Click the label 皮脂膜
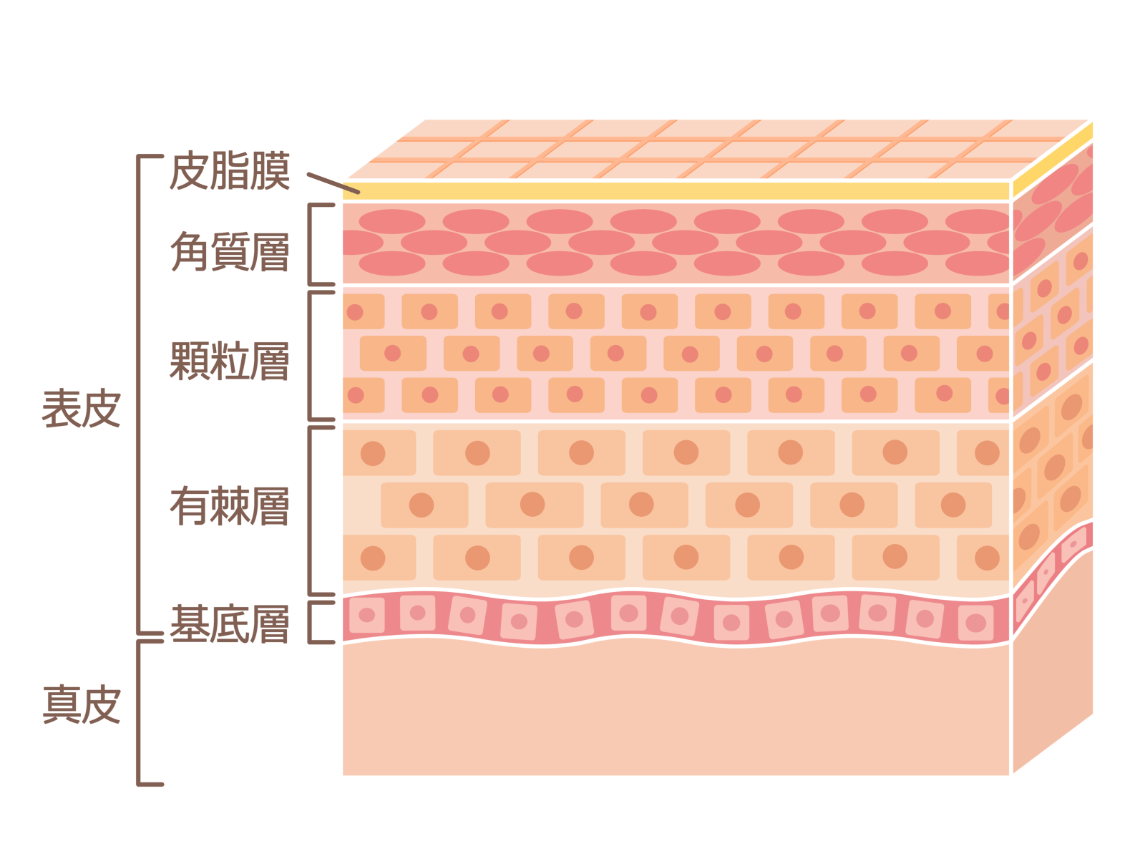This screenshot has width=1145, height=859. [x=230, y=172]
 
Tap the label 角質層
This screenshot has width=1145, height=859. [x=230, y=252]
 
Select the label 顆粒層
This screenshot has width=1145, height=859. [x=230, y=361]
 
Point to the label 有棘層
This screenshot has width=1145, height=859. [x=230, y=506]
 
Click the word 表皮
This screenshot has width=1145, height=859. [x=81, y=409]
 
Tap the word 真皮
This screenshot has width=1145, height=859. [x=81, y=705]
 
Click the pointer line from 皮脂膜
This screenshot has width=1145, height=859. [x=332, y=183]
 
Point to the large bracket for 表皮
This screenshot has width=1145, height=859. [x=138, y=394]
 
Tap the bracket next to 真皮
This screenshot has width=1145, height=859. [x=138, y=712]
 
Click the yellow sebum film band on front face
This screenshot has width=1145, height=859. [x=673, y=191]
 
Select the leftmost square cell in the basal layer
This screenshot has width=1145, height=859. [x=366, y=615]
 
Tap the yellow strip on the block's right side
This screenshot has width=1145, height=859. [x=1052, y=164]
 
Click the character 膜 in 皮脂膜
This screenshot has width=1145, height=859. [x=270, y=172]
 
